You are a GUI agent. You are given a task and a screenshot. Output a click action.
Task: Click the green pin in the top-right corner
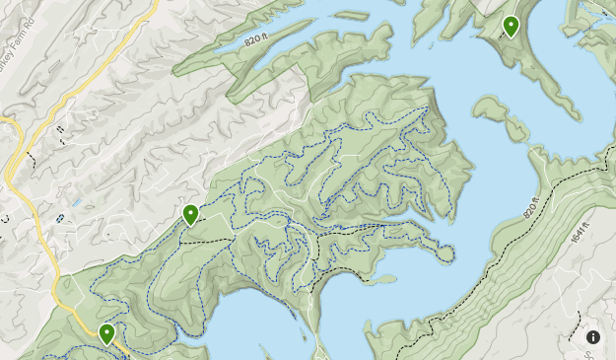click(x=511, y=26)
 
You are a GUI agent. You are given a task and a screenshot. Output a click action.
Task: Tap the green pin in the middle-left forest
click(x=190, y=213)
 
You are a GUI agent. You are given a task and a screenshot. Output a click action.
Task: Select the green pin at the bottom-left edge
click(x=106, y=333)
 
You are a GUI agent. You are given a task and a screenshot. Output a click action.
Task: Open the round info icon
click(x=593, y=337)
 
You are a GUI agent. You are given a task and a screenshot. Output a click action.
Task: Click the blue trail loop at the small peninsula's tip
click(x=445, y=254)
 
